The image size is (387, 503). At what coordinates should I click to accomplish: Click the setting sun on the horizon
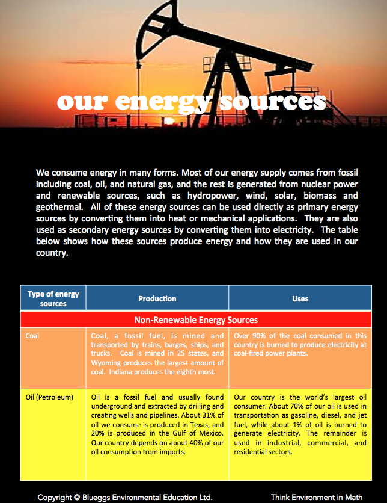point(171,120)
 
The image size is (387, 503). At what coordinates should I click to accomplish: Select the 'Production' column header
point(157,298)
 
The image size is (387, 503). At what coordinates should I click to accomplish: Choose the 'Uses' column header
point(300,298)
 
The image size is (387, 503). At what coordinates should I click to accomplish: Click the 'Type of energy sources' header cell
point(53,298)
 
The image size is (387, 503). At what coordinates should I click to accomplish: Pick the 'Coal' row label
point(32,336)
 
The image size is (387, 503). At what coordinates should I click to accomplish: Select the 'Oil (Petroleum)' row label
point(49,397)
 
